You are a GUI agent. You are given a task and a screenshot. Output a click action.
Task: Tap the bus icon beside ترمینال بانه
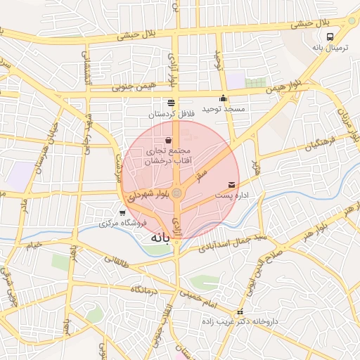(x=331, y=38)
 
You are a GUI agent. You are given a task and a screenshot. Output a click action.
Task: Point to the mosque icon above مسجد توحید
(x=224, y=98)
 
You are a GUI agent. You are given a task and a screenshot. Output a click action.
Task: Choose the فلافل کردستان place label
(x=170, y=112)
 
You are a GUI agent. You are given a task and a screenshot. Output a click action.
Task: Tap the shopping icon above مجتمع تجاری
(x=167, y=141)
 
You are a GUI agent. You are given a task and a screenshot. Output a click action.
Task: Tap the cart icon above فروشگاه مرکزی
(x=122, y=212)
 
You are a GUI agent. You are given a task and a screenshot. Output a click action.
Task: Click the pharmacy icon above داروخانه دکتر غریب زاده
(x=240, y=311)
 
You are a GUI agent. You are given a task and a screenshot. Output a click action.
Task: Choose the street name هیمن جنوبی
(x=115, y=88)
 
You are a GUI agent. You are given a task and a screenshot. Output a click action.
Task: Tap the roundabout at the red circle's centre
(x=178, y=193)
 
